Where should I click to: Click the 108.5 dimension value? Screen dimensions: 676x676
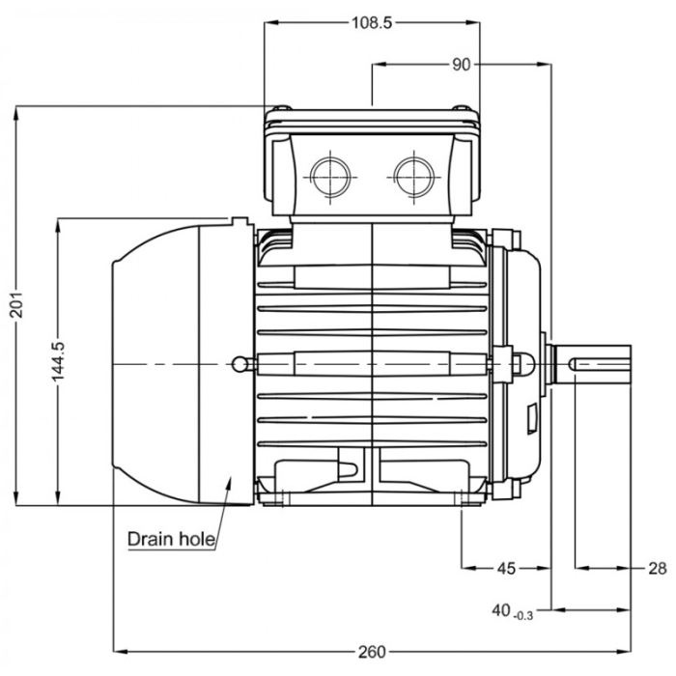[372, 23]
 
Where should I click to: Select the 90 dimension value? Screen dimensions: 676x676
[461, 65]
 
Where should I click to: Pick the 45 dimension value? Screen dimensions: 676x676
[506, 569]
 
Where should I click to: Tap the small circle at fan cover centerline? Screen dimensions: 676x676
[239, 363]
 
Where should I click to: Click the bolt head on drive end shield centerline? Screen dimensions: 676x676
[524, 363]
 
